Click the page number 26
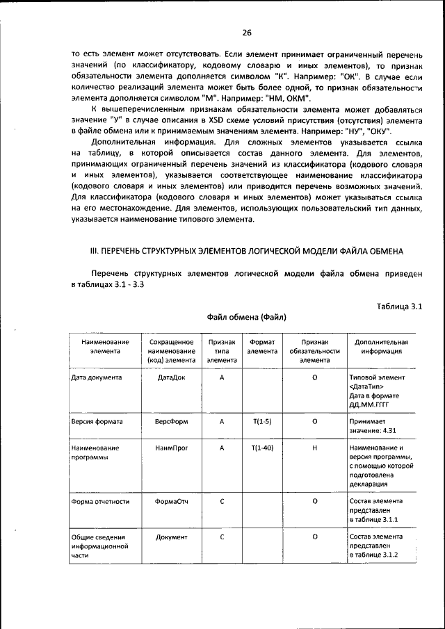coord(246,32)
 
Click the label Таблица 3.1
coord(399,306)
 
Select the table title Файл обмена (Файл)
coord(247,317)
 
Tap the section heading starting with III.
coord(247,250)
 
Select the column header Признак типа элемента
coord(221,351)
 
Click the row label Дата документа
coord(97,377)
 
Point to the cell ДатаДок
coord(171,377)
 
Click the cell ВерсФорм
coord(171,422)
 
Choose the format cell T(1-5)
coord(262,422)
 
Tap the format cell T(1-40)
coord(262,448)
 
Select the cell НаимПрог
coord(171,448)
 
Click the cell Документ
coord(171,537)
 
